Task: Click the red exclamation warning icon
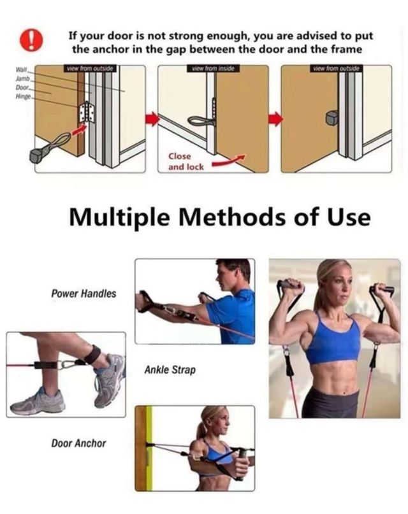pos(31,40)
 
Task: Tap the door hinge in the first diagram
pos(87,112)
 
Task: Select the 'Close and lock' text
pos(186,162)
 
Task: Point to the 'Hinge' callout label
pos(23,96)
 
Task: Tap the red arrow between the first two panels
pos(152,118)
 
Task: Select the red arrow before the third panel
pos(275,118)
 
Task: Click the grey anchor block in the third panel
pos(332,118)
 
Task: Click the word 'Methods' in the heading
pos(232,217)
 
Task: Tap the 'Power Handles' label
pos(84,294)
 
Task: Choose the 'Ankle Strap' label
pos(170,370)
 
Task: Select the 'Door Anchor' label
pos(78,443)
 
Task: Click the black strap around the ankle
pos(92,355)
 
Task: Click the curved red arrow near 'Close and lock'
pos(229,161)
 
